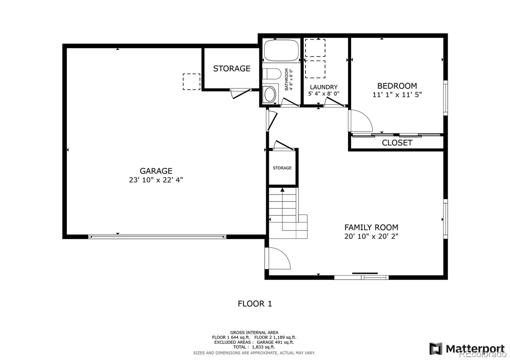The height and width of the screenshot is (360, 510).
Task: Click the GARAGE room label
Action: pyautogui.click(x=156, y=171)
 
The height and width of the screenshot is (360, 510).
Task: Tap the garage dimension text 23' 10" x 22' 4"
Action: pyautogui.click(x=156, y=180)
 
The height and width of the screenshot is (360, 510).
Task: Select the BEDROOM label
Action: pyautogui.click(x=397, y=86)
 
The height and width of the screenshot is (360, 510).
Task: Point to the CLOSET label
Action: pyautogui.click(x=397, y=143)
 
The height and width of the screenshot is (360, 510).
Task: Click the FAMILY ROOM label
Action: pyautogui.click(x=371, y=227)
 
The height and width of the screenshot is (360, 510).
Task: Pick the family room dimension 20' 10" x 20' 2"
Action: pyautogui.click(x=371, y=236)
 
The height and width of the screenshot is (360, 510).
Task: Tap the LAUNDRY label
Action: pyautogui.click(x=324, y=87)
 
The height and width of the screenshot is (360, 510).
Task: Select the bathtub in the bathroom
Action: pyautogui.click(x=281, y=50)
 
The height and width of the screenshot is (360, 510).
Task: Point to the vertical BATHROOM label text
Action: pyautogui.click(x=288, y=80)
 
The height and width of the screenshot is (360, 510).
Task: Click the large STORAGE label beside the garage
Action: pyautogui.click(x=232, y=68)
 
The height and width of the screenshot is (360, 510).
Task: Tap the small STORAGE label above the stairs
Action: pyautogui.click(x=282, y=168)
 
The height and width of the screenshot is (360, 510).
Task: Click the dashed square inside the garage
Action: pyautogui.click(x=192, y=82)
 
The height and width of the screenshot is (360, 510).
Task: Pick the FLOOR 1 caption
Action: pyautogui.click(x=255, y=304)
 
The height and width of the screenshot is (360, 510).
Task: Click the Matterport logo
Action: pyautogui.click(x=467, y=349)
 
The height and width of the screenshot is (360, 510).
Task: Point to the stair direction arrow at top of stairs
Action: pyautogui.click(x=282, y=190)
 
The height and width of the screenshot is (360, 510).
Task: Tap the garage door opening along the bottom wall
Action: pyautogui.click(x=157, y=237)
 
